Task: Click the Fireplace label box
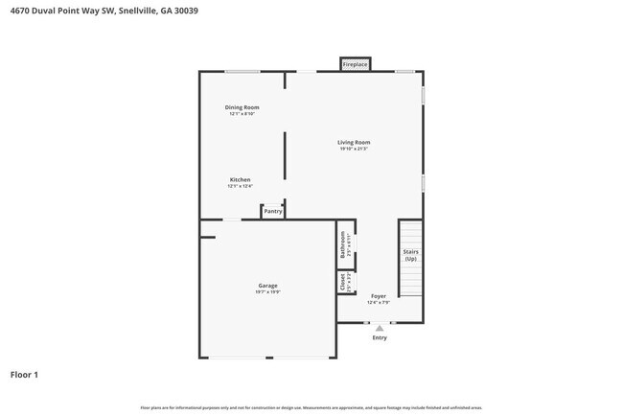[355, 64]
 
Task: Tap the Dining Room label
[242, 107]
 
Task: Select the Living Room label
[354, 142]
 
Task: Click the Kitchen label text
[240, 180]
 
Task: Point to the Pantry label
[272, 211]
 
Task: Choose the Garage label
[267, 286]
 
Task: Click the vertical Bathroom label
[343, 245]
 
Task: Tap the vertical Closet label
[343, 283]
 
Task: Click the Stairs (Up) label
[410, 255]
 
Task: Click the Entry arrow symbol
[380, 328]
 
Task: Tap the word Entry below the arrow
[380, 337]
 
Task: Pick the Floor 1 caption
[24, 375]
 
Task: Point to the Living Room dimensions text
[354, 149]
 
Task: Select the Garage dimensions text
[267, 292]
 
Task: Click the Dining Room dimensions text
[242, 114]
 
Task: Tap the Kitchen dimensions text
[240, 187]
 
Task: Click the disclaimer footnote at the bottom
[311, 407]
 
